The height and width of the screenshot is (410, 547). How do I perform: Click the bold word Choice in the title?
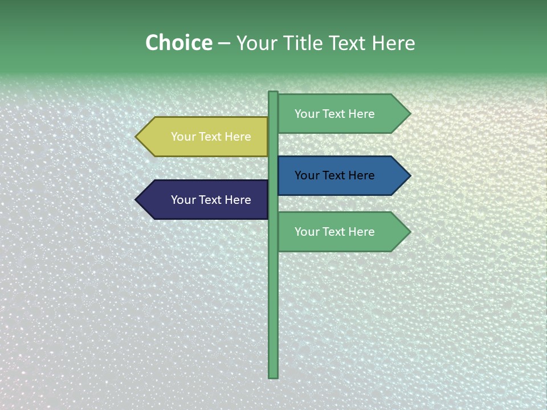click(178, 43)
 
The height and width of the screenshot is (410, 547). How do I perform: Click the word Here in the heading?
click(393, 43)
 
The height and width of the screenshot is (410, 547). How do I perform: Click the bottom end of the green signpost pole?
click(273, 376)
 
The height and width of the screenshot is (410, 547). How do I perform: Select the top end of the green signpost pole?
click(273, 93)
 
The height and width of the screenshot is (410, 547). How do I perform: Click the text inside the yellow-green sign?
click(211, 137)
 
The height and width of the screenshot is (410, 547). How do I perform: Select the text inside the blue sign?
click(334, 175)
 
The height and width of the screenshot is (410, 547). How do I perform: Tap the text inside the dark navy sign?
click(211, 200)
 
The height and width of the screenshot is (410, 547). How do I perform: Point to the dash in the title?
click(224, 44)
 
